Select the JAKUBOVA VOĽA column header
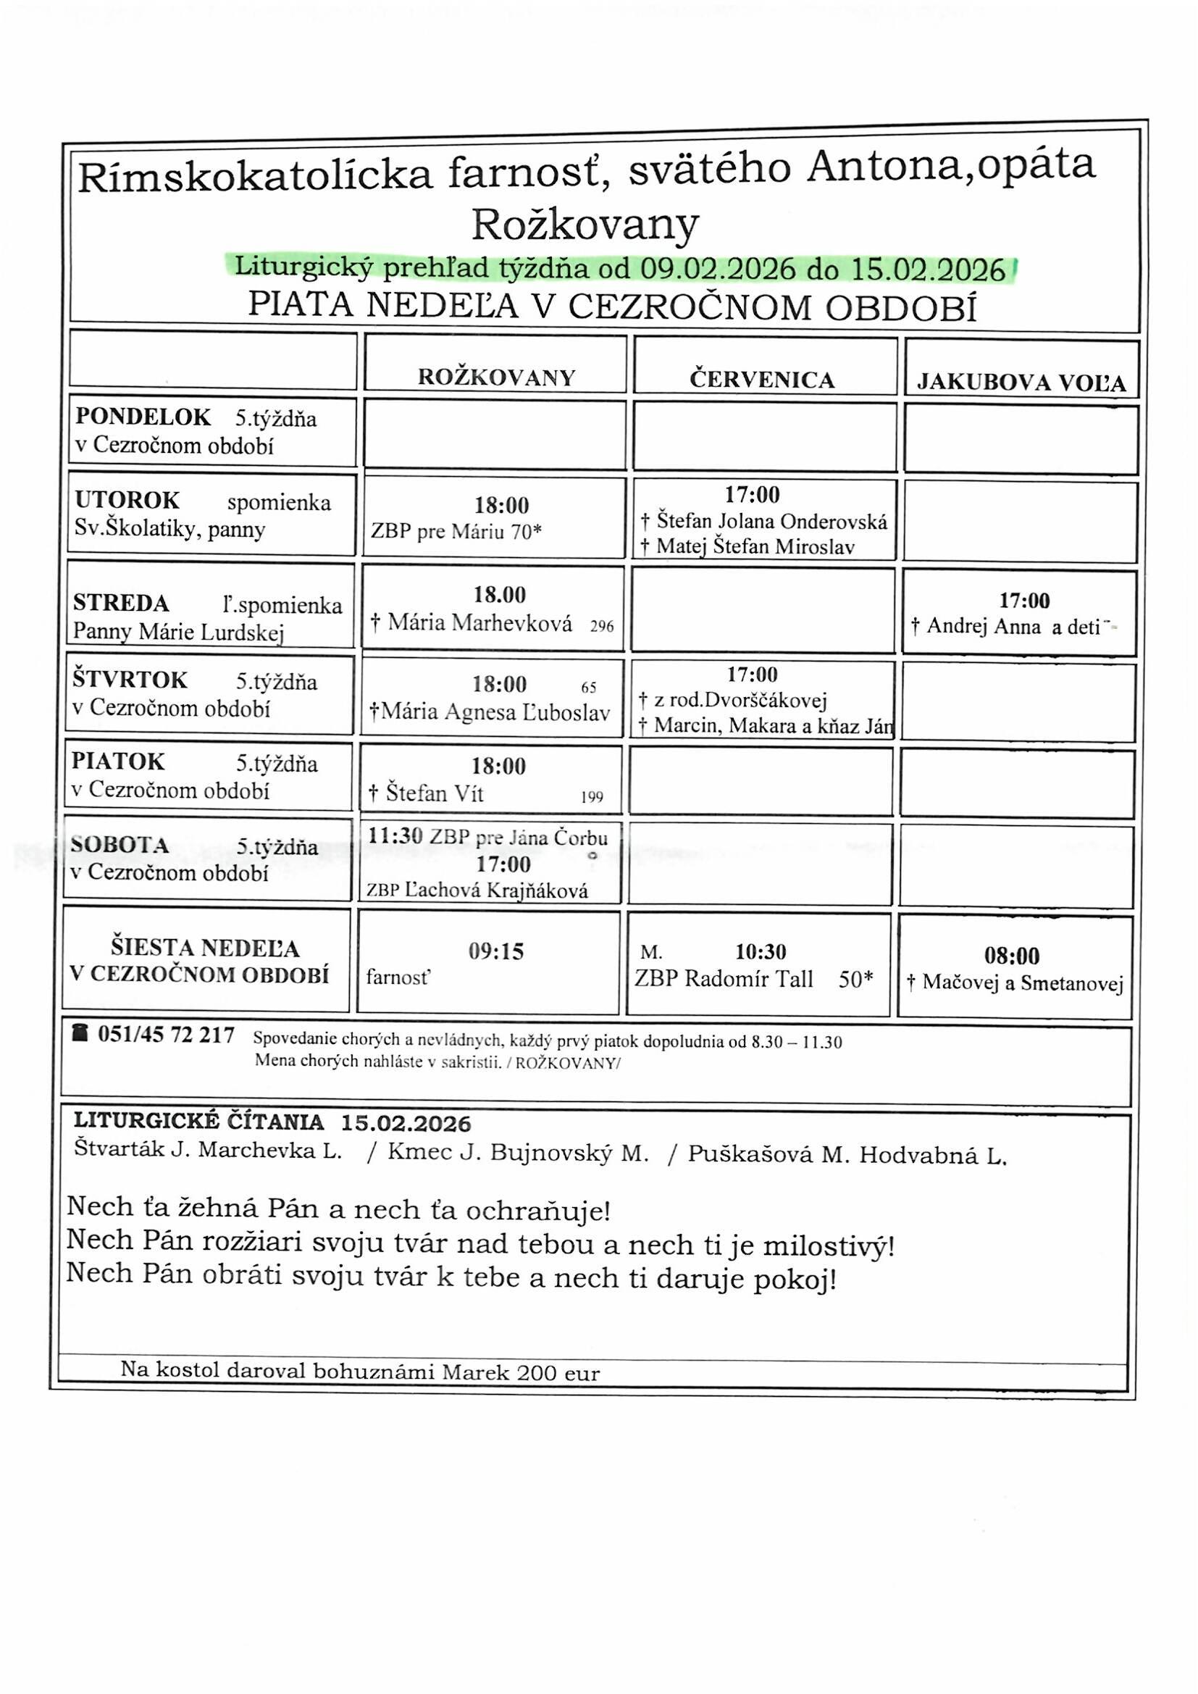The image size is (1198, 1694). (1021, 382)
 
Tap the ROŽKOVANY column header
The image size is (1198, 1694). (495, 377)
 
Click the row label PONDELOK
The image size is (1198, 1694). (143, 417)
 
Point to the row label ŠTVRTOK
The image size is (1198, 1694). (130, 680)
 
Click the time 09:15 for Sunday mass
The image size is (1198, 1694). (495, 952)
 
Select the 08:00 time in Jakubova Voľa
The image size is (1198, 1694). (1011, 956)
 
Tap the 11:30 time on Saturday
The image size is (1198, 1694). (395, 836)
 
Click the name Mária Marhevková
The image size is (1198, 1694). (480, 624)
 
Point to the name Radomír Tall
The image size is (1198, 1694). (749, 979)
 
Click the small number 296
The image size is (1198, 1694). (602, 627)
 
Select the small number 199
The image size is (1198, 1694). (592, 798)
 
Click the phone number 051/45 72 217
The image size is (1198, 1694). (166, 1035)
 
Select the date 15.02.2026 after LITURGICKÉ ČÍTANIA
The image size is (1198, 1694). (406, 1124)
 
